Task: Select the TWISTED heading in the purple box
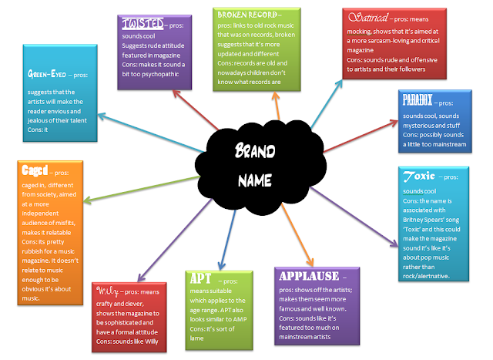[141, 24]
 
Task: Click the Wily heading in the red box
[108, 291]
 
